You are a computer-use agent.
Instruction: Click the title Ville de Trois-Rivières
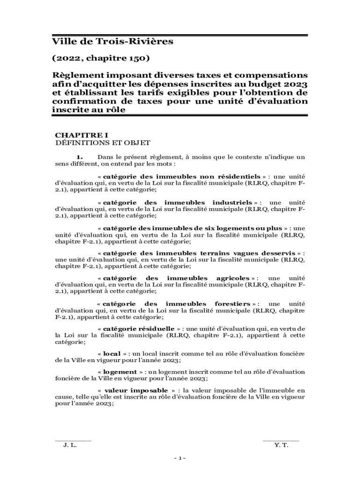[112, 42]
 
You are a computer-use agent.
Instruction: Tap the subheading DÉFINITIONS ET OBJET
[102, 142]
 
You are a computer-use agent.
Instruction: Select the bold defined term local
[112, 354]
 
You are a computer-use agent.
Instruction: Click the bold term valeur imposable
[136, 390]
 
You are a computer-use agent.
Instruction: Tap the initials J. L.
[70, 445]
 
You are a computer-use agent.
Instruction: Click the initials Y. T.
[282, 445]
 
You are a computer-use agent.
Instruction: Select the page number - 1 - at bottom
[180, 458]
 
